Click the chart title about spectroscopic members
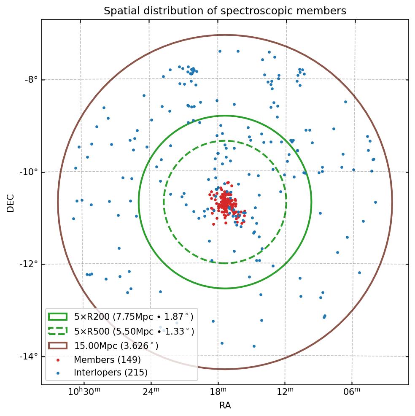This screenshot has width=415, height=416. point(225,11)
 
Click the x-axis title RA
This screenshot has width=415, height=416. point(225,406)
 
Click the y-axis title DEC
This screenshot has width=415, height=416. point(11,203)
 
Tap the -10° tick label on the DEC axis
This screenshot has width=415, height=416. point(29,172)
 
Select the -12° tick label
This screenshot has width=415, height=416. point(29,264)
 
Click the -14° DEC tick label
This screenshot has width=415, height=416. point(29,357)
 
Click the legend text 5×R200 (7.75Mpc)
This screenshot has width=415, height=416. point(134,317)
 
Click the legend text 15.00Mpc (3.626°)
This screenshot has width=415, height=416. point(116,346)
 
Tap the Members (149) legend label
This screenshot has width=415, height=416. point(107,360)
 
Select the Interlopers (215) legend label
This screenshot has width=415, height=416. point(110,373)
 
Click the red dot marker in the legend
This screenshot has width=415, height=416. point(58,360)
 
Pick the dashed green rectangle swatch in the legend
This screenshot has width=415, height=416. point(58,332)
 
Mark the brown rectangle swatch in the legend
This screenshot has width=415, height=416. point(58,346)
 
